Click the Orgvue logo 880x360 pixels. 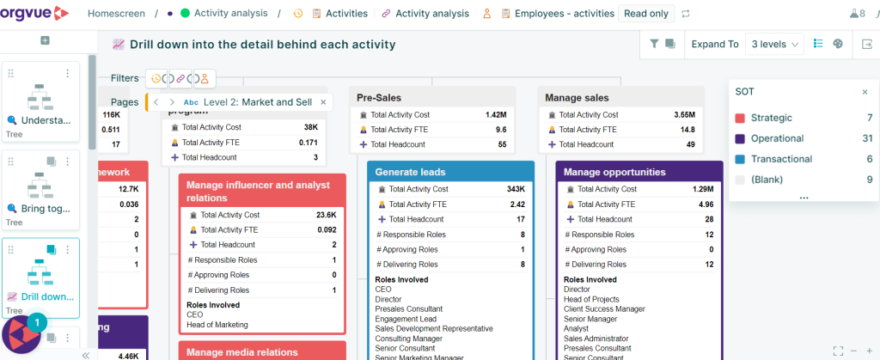click(35, 13)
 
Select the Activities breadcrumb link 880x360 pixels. click(346, 14)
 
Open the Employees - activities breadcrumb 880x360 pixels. click(564, 14)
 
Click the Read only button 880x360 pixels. click(647, 14)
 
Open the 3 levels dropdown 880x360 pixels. click(775, 44)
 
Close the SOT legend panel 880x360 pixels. click(865, 92)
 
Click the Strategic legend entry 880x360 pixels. click(771, 118)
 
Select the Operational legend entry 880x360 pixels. click(777, 138)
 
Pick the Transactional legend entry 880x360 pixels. click(780, 159)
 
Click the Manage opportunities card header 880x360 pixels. click(614, 172)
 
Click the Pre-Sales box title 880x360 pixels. click(379, 98)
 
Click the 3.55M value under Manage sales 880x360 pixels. click(684, 115)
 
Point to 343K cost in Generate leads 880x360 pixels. click(516, 189)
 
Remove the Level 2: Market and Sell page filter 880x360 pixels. click(323, 102)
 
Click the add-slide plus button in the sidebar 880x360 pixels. click(45, 40)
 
